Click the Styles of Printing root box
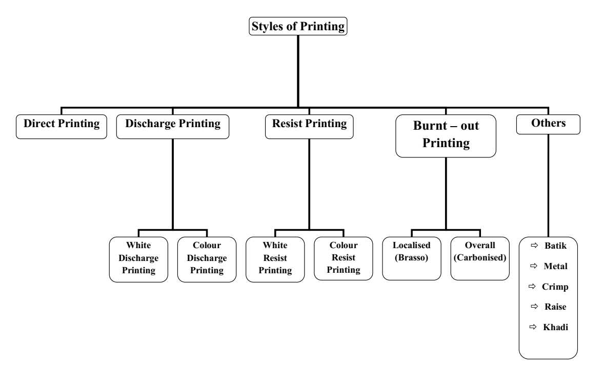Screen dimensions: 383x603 tap(298, 26)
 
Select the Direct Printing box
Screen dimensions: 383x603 tap(62, 125)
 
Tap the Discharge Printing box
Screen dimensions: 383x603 tap(173, 125)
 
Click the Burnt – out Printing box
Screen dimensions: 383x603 tap(446, 136)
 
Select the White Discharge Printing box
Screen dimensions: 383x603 tap(138, 259)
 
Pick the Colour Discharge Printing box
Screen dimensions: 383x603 tap(207, 259)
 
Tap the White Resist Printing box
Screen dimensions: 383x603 tap(275, 259)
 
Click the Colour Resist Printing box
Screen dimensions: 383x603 tap(343, 259)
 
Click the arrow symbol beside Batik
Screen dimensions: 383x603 tap(534, 247)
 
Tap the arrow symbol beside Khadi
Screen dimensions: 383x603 tap(534, 327)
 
